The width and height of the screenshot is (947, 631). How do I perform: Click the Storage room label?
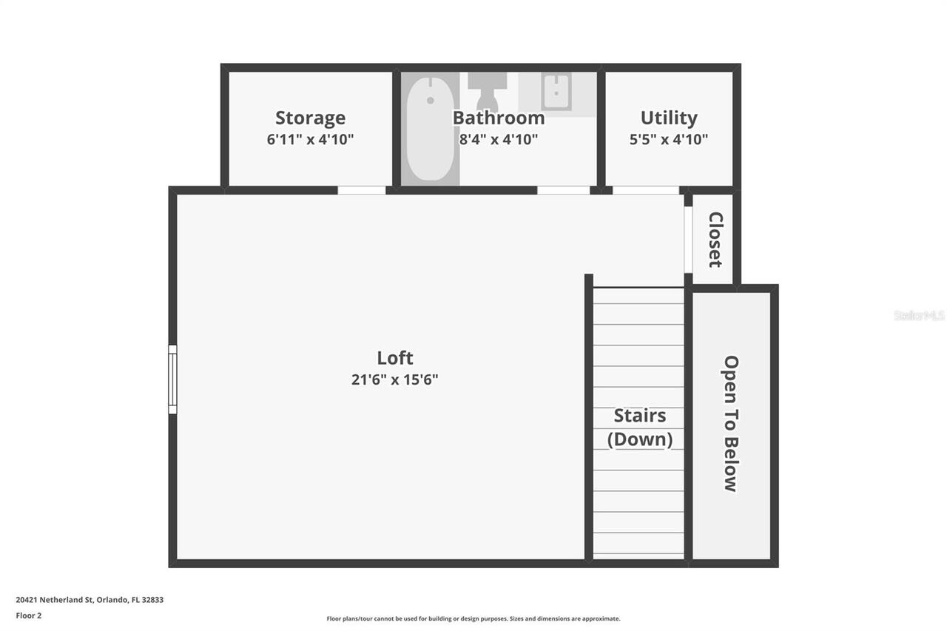[310, 118]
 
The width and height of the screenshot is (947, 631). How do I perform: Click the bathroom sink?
[556, 92]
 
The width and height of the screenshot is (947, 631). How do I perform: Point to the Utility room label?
[669, 118]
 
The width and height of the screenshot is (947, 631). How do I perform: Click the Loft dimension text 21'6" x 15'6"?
[395, 380]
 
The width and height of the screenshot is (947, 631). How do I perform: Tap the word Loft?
[395, 358]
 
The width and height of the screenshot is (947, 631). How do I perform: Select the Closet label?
[715, 240]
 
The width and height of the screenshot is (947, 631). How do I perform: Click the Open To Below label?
[731, 424]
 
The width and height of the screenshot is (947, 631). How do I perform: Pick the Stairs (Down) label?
[640, 428]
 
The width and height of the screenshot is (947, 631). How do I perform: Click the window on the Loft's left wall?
[172, 379]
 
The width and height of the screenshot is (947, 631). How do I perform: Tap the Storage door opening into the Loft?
[362, 190]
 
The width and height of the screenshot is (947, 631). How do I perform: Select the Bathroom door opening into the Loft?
[563, 190]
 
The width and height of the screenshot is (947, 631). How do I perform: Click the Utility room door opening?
[646, 190]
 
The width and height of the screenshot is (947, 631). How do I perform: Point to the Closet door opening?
[687, 240]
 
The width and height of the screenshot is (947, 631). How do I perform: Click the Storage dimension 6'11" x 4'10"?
[310, 139]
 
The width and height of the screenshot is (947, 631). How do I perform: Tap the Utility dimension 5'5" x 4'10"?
[669, 139]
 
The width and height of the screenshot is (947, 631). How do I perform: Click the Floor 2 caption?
[28, 615]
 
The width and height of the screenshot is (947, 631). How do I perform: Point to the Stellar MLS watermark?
[919, 316]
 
